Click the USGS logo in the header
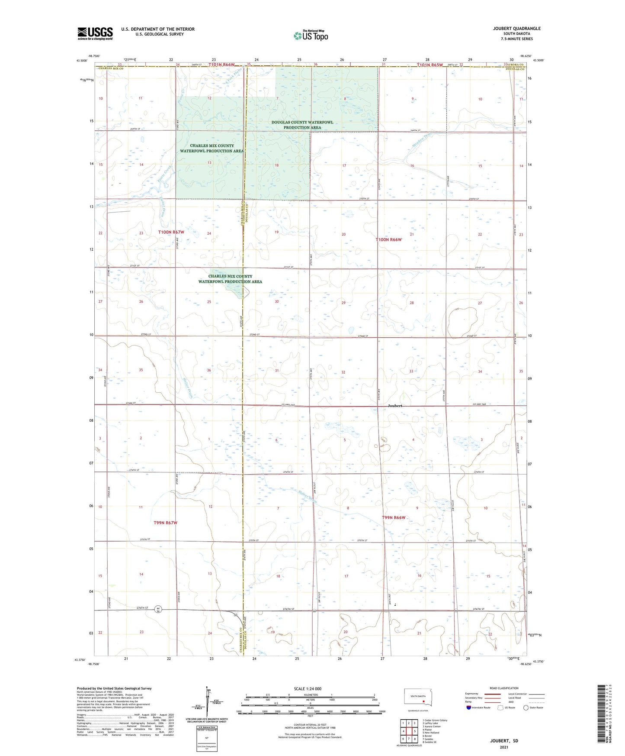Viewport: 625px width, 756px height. click(95, 33)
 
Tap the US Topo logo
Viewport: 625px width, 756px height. click(311, 36)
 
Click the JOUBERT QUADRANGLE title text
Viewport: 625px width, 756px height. click(516, 29)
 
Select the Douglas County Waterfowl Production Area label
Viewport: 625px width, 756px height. click(302, 125)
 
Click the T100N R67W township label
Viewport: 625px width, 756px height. click(171, 232)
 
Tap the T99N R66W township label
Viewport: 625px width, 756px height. click(394, 517)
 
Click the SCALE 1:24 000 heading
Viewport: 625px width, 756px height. click(308, 688)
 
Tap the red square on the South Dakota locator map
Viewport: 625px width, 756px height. click(423, 702)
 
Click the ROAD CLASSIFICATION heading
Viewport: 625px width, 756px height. click(504, 688)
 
